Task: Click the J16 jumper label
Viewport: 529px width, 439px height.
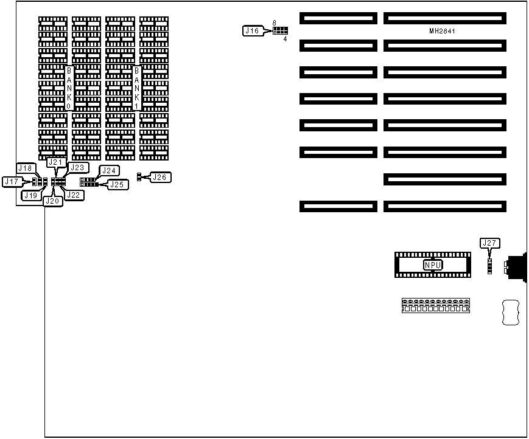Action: (251, 30)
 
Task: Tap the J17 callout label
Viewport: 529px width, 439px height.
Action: (12, 181)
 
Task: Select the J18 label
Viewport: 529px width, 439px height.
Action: (26, 168)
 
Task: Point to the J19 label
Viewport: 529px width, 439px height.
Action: (31, 195)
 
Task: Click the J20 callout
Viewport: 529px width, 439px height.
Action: (53, 201)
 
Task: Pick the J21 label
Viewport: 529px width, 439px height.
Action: (55, 162)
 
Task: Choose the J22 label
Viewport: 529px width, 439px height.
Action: (74, 195)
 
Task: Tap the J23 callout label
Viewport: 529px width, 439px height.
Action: (78, 167)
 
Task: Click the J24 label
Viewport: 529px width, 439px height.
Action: (110, 171)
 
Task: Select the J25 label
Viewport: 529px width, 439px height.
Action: (117, 184)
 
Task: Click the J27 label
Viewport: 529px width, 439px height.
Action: (489, 243)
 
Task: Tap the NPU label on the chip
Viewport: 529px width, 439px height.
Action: (433, 265)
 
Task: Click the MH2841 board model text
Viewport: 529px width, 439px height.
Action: (442, 31)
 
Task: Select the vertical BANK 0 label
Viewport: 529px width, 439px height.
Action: (69, 88)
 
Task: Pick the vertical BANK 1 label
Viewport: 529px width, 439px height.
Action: (136, 88)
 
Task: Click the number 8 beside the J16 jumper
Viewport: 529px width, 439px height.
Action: (275, 22)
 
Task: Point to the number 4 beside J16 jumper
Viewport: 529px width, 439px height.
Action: (285, 39)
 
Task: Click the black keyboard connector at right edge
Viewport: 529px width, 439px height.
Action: (516, 266)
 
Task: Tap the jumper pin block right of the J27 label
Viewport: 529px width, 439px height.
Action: (489, 266)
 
